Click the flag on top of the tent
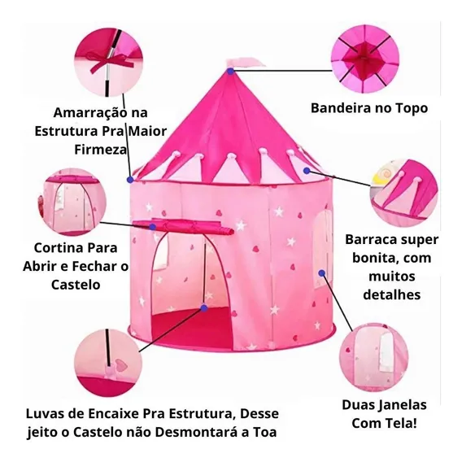pos(245,63)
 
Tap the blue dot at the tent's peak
pos(231,71)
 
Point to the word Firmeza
pos(100,150)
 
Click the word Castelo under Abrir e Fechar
pos(76,285)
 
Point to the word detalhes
pos(391,294)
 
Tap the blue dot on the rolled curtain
pos(153,227)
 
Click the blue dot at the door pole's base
pos(204,308)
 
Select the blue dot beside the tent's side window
pos(322,273)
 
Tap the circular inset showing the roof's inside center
pos(364,59)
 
